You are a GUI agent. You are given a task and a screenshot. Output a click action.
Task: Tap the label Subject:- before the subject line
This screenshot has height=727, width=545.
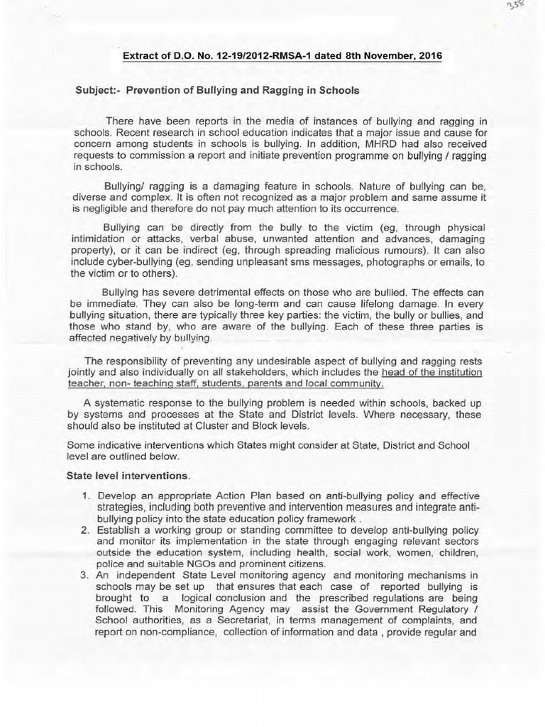[x=98, y=90]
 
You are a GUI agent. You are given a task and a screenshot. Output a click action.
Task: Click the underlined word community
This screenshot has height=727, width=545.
[x=356, y=383]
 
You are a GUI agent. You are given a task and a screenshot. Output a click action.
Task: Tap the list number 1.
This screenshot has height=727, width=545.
[x=84, y=495]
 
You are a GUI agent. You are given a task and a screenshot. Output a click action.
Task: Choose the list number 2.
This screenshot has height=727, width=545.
[x=84, y=529]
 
